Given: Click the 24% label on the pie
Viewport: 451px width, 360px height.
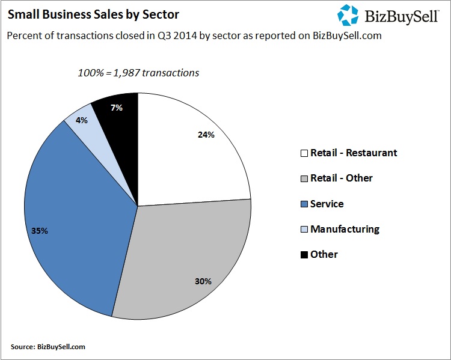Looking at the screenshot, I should coord(206,135).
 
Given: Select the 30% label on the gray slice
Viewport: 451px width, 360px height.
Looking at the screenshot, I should coord(203,280).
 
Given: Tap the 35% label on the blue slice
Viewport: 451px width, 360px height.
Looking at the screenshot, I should coord(39,230).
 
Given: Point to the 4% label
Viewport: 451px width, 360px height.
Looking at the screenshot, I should coord(82,120).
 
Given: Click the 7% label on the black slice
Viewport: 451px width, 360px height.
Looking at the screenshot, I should coord(116,108).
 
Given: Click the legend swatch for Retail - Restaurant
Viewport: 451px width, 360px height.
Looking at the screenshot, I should coord(304,153).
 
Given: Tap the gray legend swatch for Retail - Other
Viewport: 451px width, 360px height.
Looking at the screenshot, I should coord(304,178).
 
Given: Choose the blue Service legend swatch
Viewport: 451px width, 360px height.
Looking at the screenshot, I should coord(304,204).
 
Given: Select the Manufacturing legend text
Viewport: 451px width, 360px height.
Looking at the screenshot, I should coord(345,229).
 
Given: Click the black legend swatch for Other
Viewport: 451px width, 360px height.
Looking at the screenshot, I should coord(304,255).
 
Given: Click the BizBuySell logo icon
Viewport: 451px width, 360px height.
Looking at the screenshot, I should coord(348,15).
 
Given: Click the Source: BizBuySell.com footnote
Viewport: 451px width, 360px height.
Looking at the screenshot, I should coord(48,347).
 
